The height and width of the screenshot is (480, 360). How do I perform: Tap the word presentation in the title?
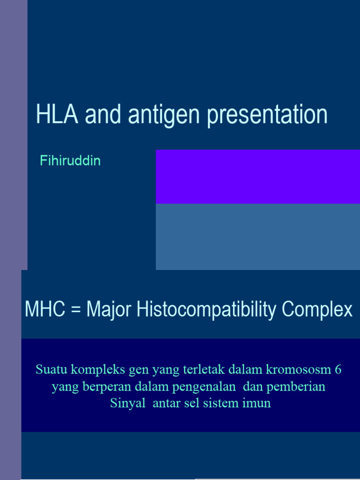[267, 115]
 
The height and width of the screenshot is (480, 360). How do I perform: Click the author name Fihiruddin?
[70, 161]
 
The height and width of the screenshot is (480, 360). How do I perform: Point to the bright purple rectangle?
[257, 177]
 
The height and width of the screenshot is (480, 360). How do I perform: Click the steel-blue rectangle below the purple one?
[257, 237]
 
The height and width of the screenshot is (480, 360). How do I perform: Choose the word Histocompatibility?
[202, 310]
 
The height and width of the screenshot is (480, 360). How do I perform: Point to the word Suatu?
[50, 370]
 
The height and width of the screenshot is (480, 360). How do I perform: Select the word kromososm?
[297, 370]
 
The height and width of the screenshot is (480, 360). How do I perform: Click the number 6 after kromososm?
[338, 370]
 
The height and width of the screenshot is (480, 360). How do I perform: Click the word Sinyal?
[128, 404]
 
